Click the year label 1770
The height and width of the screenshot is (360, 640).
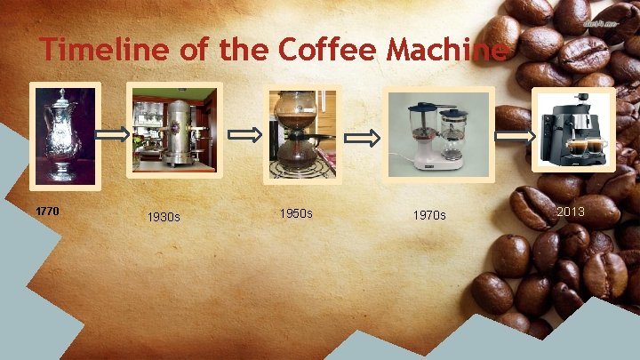pyautogui.click(x=47, y=212)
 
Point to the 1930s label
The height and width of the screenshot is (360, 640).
pyautogui.click(x=164, y=217)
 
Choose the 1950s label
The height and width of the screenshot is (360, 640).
pyautogui.click(x=296, y=214)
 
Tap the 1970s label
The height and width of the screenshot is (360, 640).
pyautogui.click(x=429, y=216)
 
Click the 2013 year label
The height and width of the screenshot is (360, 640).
pyautogui.click(x=571, y=212)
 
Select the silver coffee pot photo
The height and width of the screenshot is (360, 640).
pyautogui.click(x=63, y=133)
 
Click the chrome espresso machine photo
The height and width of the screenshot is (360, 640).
pyautogui.click(x=174, y=132)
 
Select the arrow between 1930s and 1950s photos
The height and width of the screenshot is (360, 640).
pyautogui.click(x=246, y=135)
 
